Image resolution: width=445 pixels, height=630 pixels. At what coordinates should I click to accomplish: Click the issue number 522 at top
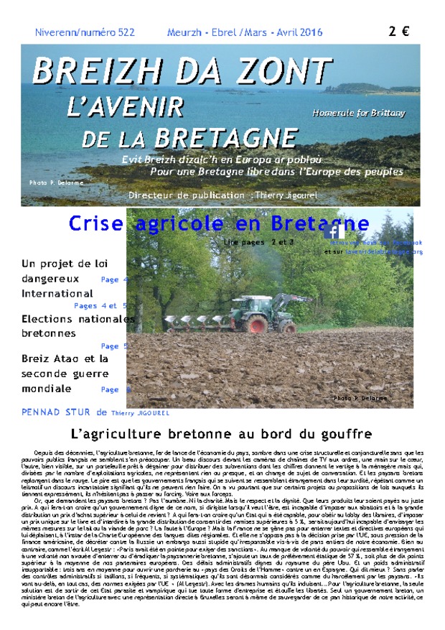pos(125,32)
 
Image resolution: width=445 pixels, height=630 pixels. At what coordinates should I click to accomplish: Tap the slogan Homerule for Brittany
pos(358,113)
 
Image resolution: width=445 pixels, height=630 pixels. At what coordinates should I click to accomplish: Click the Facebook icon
pos(334,231)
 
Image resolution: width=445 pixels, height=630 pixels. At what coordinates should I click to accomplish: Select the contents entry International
pos(57,294)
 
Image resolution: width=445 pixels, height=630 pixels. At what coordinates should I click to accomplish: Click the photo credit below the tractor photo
pos(360,398)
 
